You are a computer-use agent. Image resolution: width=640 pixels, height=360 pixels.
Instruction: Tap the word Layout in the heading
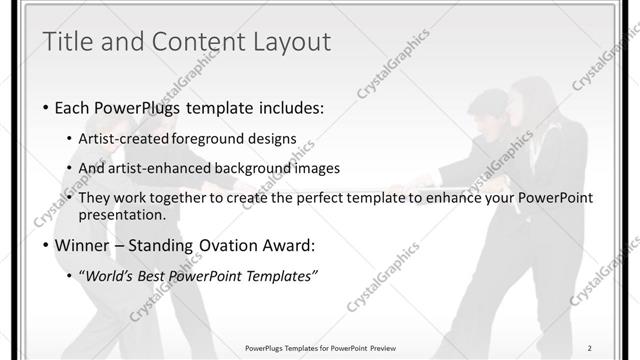click(x=290, y=41)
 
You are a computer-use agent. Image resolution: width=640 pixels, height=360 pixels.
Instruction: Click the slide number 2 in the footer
click(x=590, y=348)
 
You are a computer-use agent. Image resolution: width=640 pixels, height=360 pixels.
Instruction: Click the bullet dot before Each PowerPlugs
click(x=46, y=107)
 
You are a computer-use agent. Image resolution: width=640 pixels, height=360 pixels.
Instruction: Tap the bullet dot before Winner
click(x=46, y=246)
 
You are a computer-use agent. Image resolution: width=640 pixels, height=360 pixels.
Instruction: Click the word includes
click(x=293, y=107)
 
